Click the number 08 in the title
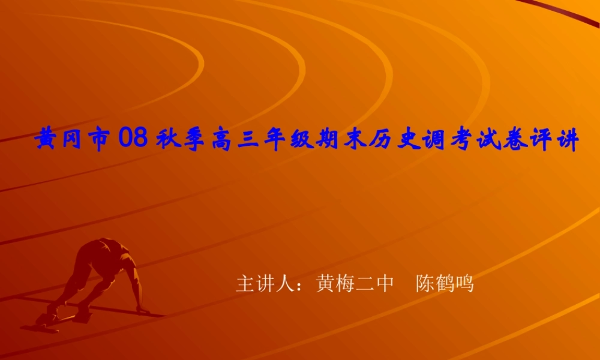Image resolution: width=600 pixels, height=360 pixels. click(133, 140)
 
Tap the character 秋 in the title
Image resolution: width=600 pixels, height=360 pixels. click(169, 141)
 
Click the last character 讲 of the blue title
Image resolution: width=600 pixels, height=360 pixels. click(565, 141)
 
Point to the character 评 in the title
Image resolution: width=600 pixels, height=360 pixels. click(538, 141)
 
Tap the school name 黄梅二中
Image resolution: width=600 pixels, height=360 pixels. click(355, 283)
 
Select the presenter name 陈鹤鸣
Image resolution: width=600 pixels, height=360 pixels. click(445, 283)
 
